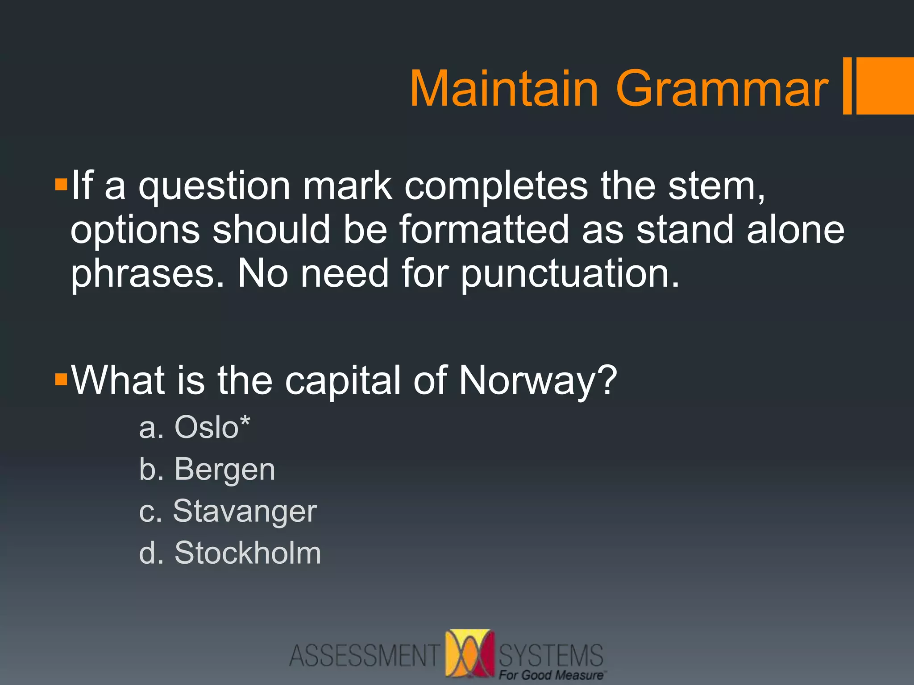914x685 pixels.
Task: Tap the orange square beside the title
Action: click(x=885, y=86)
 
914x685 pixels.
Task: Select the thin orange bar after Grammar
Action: click(x=847, y=86)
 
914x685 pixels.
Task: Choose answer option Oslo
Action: click(x=206, y=427)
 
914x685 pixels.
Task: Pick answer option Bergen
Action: click(x=224, y=470)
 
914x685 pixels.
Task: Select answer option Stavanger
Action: click(x=245, y=511)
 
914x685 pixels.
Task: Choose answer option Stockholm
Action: click(x=247, y=553)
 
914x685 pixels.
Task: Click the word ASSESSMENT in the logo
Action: click(x=364, y=656)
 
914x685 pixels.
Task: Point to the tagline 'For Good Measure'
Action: click(x=551, y=675)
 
